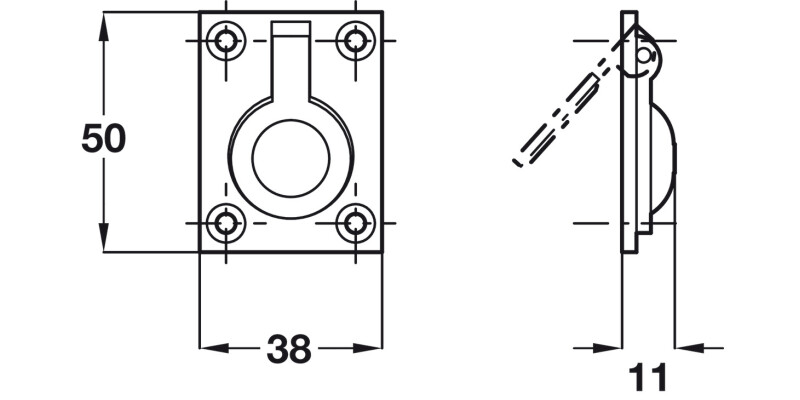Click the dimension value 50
pyautogui.click(x=103, y=138)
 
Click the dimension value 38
pyautogui.click(x=289, y=349)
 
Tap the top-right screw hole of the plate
pyautogui.click(x=353, y=40)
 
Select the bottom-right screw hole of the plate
pyautogui.click(x=353, y=223)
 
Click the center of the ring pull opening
pyautogui.click(x=290, y=157)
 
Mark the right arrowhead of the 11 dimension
pyautogui.click(x=689, y=349)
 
